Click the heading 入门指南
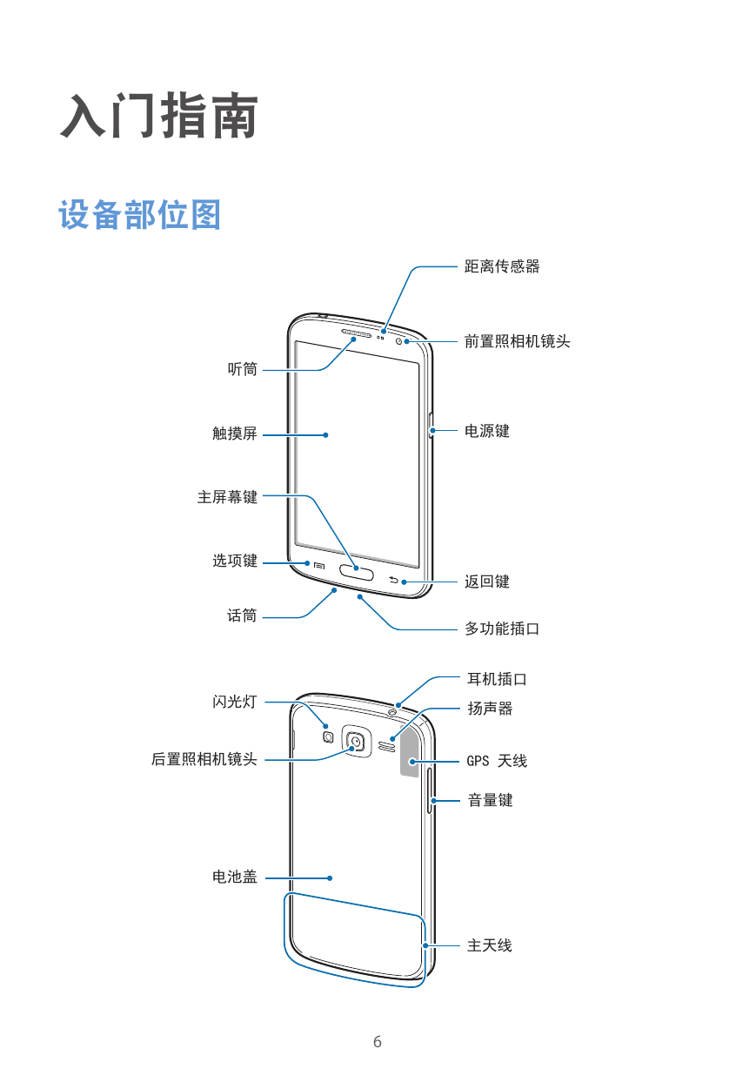159,116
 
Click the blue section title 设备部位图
139,215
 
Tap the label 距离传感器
502,266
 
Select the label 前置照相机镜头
517,341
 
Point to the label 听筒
243,369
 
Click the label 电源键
487,431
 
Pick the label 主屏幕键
228,497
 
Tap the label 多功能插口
502,629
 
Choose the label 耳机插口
497,679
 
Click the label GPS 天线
497,761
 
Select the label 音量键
490,800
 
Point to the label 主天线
490,945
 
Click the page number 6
378,1041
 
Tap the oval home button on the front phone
357,570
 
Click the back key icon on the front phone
393,580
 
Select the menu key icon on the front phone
319,566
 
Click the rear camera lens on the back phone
356,741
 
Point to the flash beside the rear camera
328,737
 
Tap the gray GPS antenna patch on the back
411,751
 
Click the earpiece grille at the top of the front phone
357,333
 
